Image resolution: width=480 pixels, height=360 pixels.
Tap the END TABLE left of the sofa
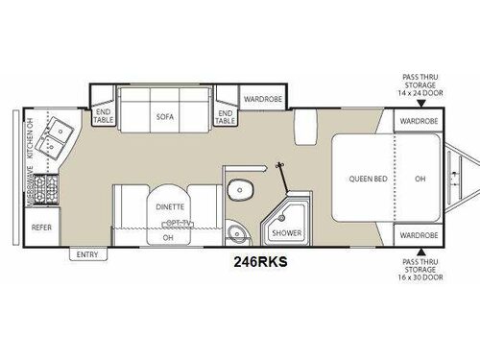103,116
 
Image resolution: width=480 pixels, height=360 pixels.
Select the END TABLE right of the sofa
225,116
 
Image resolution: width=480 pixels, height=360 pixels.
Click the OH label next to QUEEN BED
420,178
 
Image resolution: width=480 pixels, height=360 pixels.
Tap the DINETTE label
168,205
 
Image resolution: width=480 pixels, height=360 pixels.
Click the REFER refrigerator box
41,228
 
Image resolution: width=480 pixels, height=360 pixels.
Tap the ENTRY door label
89,253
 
